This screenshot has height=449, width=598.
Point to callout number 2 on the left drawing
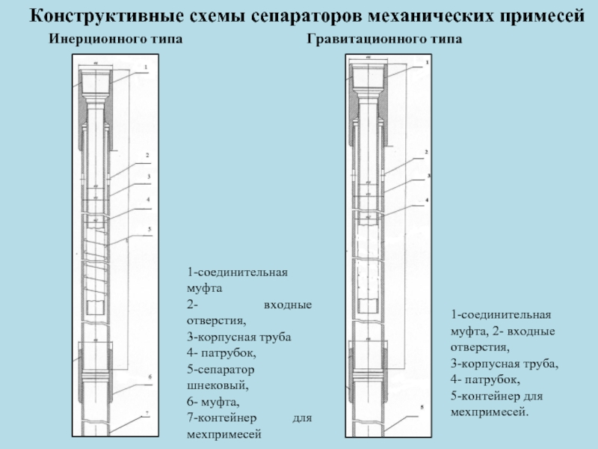pyautogui.click(x=147, y=156)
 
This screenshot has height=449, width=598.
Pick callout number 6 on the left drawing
pyautogui.click(x=150, y=376)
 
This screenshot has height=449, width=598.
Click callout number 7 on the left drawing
pyautogui.click(x=147, y=413)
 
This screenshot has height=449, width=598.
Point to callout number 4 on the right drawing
pyautogui.click(x=426, y=201)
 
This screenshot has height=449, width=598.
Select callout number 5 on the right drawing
pyautogui.click(x=422, y=408)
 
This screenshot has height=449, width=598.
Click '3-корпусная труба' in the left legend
pyautogui.click(x=238, y=337)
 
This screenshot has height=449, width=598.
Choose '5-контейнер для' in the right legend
pyautogui.click(x=496, y=396)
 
